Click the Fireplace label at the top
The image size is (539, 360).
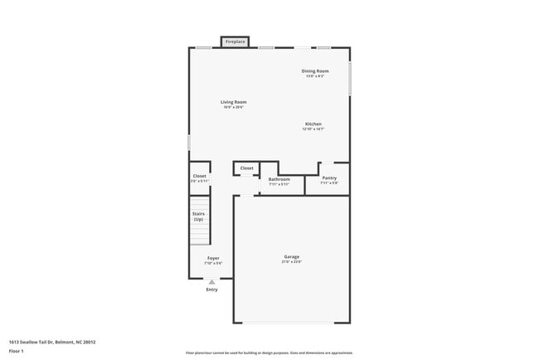235,41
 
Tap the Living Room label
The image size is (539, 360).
233,102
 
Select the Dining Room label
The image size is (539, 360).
315,71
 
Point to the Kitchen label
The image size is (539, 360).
313,124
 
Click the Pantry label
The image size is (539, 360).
329,178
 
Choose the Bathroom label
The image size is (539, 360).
279,179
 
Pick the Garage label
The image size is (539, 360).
292,257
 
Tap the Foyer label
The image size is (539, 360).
213,259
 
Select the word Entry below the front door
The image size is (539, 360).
211,289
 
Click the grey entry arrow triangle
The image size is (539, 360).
211,282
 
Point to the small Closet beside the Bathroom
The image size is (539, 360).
247,168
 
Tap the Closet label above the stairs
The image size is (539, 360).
199,176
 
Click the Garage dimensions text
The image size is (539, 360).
292,263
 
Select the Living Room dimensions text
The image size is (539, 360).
233,107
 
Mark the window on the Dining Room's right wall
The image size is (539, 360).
349,78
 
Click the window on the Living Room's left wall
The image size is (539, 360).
190,143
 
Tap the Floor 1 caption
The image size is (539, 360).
17,351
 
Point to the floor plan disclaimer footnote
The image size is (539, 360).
269,353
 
